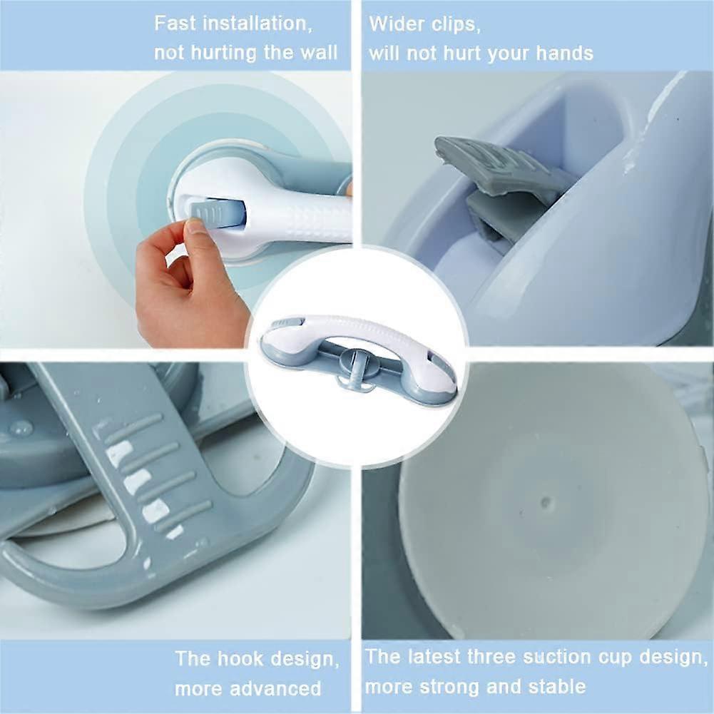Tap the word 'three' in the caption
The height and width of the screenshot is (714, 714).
(494, 656)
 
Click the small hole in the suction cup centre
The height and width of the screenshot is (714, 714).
(546, 503)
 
